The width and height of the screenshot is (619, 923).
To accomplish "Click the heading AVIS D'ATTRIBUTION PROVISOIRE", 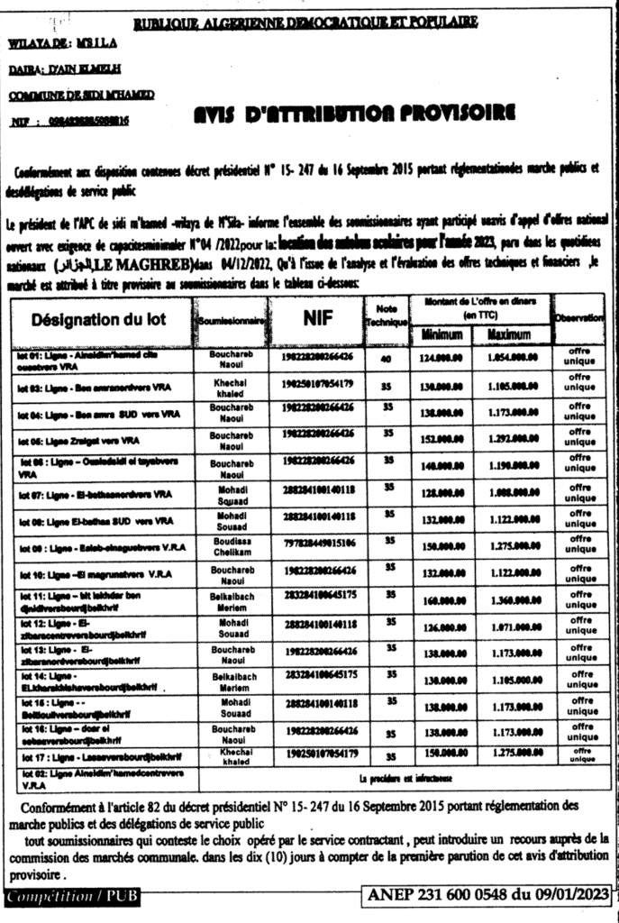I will (355, 114).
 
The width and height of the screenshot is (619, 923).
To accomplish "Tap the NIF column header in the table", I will (319, 317).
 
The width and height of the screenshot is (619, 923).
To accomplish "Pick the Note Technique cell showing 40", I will (387, 359).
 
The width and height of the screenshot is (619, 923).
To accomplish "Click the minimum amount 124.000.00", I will (441, 359).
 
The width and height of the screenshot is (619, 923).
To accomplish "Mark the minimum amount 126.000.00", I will (441, 626).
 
